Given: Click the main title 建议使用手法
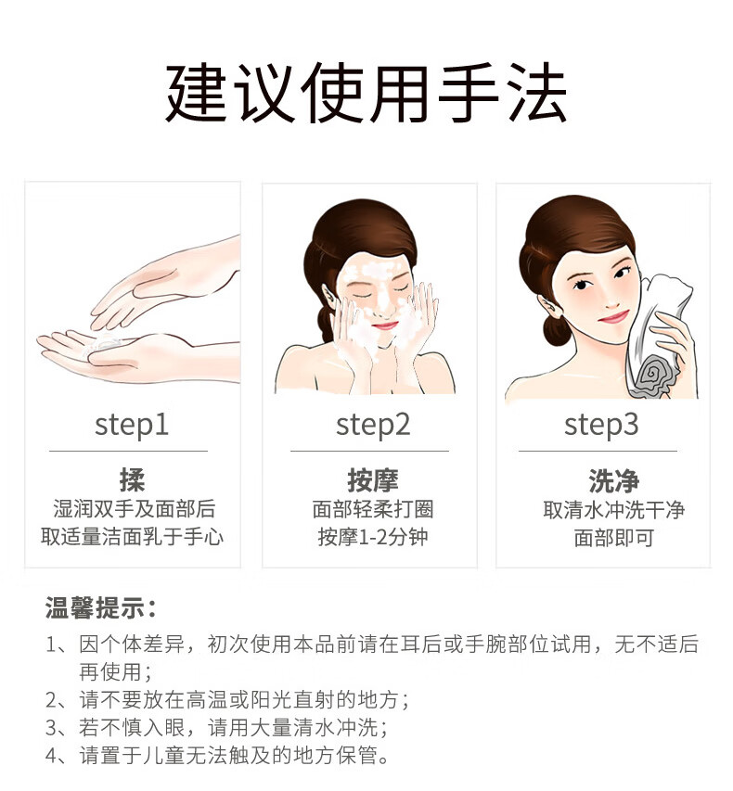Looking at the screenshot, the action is point(366,93).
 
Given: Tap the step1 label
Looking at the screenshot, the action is point(132,426).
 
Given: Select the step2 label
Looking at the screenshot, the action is point(373,426).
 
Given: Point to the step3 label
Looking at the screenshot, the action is point(601,426).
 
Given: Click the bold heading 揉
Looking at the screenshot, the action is point(133,479).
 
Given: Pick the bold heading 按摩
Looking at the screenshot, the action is point(373,479).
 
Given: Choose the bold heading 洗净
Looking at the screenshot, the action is point(614,480).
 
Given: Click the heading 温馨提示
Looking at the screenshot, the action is point(101,608).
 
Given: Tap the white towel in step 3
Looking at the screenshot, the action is point(656,333).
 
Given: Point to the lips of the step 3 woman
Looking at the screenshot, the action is point(613,317).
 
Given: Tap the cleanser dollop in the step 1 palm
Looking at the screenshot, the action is point(104,344).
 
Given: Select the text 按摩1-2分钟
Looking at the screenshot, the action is point(373,537).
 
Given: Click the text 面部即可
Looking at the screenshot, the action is point(614,538).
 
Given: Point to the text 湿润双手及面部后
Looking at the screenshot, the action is point(135,508).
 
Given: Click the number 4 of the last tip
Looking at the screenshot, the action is point(51,756).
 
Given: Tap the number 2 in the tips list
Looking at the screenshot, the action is point(51,700).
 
